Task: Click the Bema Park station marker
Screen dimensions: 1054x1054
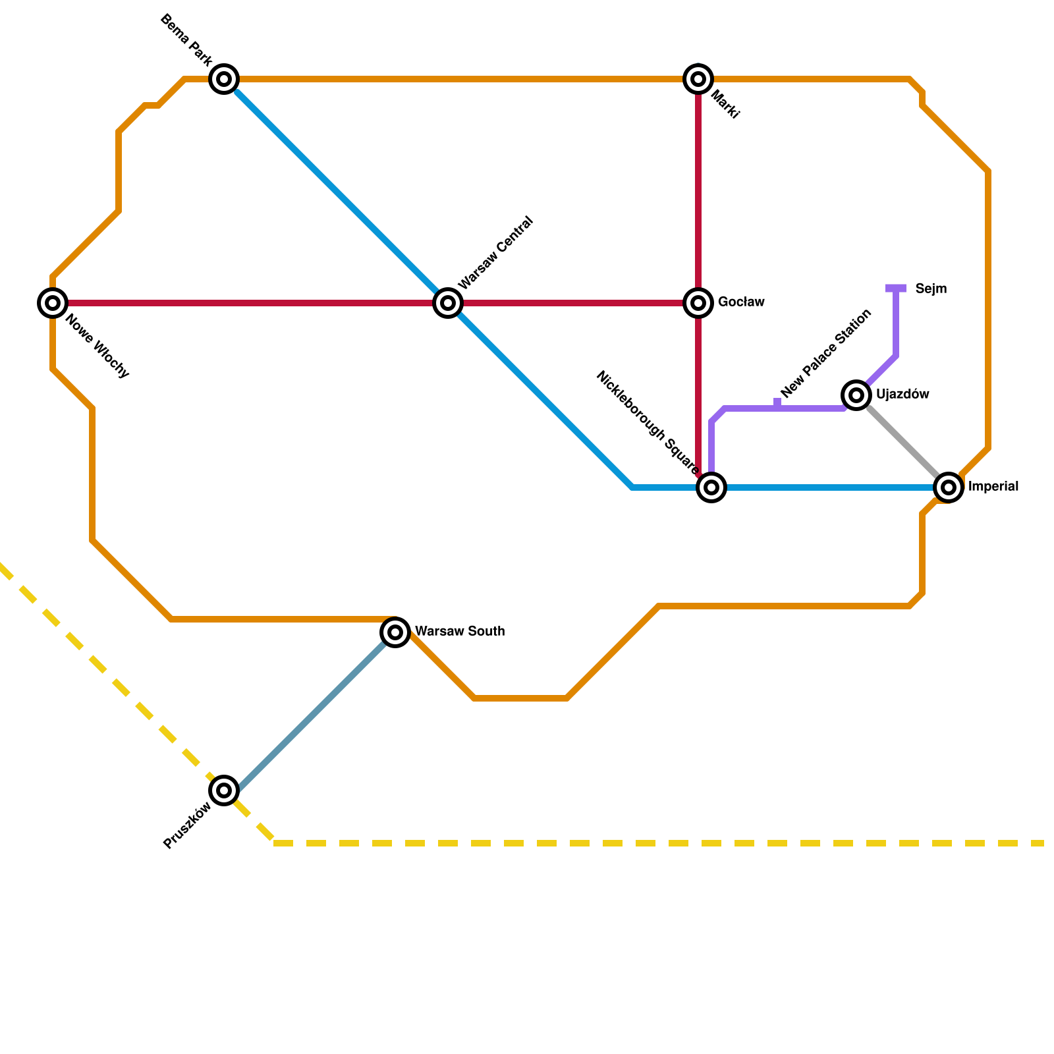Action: tap(224, 79)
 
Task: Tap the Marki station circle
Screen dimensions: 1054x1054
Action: tap(698, 79)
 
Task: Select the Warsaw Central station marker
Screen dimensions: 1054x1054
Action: tap(448, 303)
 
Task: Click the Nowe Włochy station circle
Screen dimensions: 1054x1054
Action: tap(53, 303)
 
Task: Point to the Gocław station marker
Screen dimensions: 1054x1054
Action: tap(698, 303)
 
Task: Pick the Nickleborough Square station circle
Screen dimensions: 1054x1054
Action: tap(711, 487)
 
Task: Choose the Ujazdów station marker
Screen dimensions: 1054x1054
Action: tap(856, 395)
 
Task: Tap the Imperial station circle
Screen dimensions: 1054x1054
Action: tap(949, 487)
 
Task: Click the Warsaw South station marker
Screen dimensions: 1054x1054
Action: tap(395, 632)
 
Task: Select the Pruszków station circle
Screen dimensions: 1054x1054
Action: tap(224, 790)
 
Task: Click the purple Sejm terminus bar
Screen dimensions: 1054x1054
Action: tap(896, 289)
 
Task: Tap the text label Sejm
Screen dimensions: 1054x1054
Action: tap(931, 289)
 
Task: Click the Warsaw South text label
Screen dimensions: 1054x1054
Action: tap(460, 631)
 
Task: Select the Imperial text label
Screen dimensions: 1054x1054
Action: tap(993, 487)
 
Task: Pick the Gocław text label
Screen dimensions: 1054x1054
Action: tap(741, 302)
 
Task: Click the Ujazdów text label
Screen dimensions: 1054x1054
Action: tap(902, 395)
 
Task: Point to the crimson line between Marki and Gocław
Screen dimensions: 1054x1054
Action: tap(698, 191)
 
